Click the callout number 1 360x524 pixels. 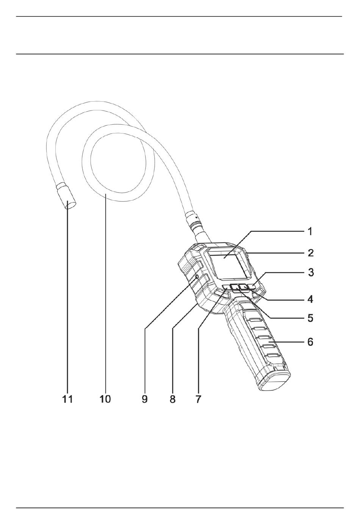pos(310,231)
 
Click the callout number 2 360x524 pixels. pos(310,253)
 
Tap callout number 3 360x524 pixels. pos(310,272)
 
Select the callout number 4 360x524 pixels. pos(310,299)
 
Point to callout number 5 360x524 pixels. pos(310,318)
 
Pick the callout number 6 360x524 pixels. pos(310,342)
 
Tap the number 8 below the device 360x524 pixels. pos(173,399)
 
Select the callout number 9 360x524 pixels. pos(145,399)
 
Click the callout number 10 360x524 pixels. pos(105,399)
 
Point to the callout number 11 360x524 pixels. pos(67,399)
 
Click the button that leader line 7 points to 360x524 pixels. pos(226,287)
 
